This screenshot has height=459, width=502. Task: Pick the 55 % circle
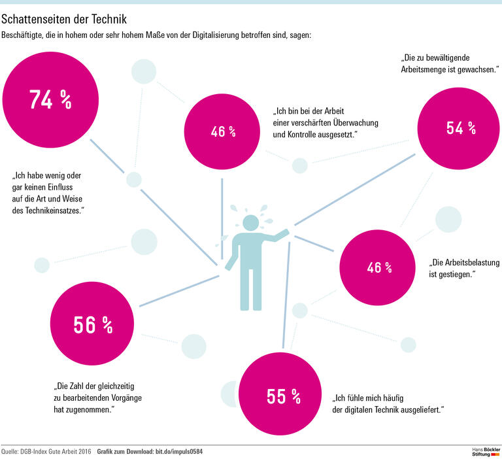tap(283, 396)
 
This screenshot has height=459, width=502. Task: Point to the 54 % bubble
tap(461, 128)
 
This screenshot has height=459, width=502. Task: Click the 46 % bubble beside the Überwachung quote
tap(223, 131)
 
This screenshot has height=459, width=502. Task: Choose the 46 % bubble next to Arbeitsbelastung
tap(379, 267)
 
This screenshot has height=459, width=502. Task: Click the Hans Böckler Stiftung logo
tap(486, 452)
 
